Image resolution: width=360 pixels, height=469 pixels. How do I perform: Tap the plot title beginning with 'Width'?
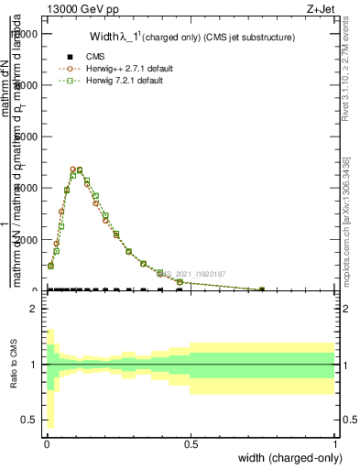coord(191,38)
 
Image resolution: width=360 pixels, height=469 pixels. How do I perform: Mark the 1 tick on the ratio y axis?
coord(32,365)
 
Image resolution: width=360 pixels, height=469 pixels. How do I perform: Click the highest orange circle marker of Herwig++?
coord(73,169)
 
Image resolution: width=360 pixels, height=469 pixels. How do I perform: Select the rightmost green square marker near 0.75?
coord(262,289)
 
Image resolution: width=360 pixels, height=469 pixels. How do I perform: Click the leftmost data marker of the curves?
coord(50,266)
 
